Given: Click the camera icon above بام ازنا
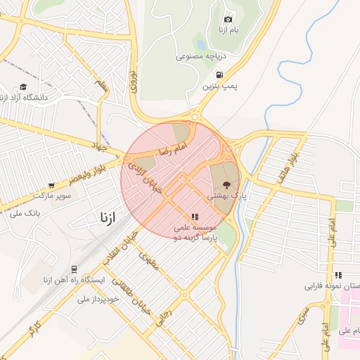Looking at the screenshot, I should [x=227, y=20].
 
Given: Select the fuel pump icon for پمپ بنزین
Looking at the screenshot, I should [x=220, y=74].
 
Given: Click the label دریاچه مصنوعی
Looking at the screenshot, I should [x=199, y=54].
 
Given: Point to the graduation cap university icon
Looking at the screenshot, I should [x=23, y=86].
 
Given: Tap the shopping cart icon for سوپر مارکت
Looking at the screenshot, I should [x=51, y=185].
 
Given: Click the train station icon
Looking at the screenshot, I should [x=74, y=269].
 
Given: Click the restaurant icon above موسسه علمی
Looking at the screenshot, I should [x=194, y=217].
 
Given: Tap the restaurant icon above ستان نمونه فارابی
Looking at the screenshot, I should [x=338, y=275].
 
